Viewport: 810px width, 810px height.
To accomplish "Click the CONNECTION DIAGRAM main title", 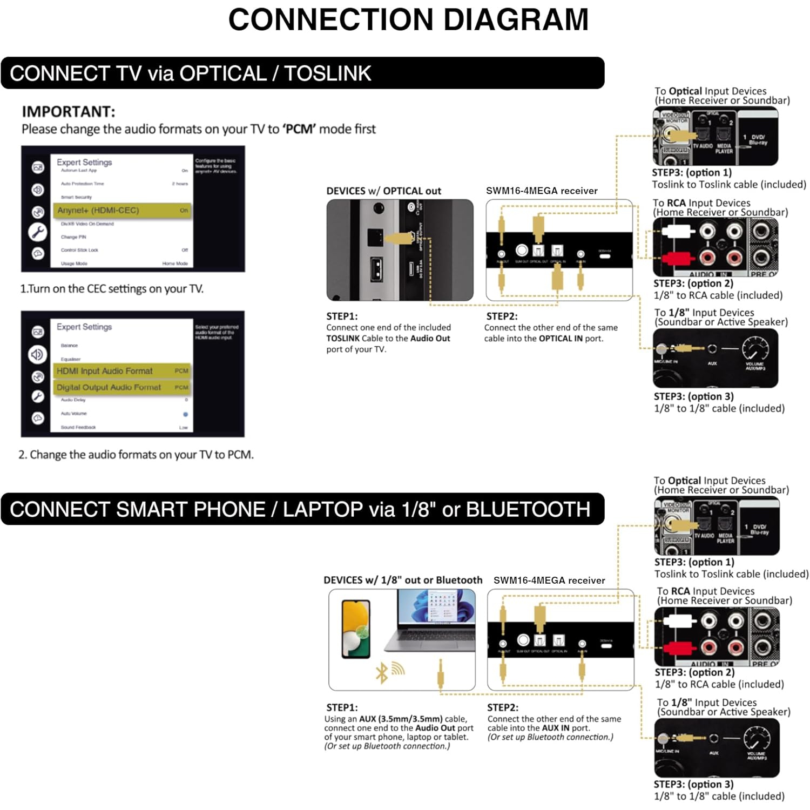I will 408,20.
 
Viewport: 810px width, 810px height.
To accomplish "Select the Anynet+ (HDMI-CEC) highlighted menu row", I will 123,210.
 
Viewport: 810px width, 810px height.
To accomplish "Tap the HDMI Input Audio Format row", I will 122,371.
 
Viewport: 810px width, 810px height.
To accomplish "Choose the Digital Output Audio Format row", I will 122,387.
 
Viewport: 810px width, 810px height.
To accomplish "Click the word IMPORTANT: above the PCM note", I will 69,112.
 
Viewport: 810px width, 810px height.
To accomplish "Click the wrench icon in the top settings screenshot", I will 38,232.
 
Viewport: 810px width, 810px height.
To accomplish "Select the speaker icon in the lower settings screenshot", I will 37,355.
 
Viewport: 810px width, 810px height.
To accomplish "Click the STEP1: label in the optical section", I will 342,316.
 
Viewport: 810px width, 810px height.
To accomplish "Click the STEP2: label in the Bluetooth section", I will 503,707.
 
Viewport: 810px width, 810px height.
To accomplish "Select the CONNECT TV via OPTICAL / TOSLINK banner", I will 302,73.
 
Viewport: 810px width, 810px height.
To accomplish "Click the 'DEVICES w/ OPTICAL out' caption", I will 383,191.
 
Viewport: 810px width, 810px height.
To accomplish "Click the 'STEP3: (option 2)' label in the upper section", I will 693,283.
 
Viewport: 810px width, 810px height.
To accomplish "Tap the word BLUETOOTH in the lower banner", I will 528,509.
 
